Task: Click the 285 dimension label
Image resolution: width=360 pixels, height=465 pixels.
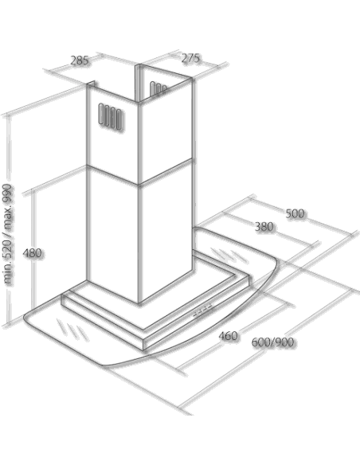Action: coord(80,61)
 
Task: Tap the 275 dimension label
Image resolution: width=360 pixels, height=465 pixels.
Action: coord(190,58)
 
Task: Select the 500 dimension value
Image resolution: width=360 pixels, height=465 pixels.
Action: coord(295,213)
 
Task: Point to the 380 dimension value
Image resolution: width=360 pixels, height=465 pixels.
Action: coord(264,227)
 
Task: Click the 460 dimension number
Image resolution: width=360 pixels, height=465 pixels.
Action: coord(228,336)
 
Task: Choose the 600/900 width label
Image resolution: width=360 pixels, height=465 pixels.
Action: coord(273,342)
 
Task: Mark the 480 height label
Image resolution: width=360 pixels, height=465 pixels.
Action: coord(32,253)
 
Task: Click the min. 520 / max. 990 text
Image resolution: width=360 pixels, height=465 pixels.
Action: coord(8,234)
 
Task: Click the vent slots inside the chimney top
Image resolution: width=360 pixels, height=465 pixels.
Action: coord(158,88)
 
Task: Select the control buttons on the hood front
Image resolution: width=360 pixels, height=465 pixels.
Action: coord(203,310)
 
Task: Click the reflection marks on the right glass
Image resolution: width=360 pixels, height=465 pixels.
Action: coord(229,255)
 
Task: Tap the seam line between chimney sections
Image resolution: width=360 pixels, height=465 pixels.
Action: coord(139,175)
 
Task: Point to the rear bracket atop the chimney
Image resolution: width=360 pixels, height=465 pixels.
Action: coord(139,83)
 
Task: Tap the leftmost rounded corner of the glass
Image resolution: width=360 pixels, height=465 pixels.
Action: coord(25,318)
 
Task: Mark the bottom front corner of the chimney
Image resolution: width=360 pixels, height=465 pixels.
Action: coord(139,303)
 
